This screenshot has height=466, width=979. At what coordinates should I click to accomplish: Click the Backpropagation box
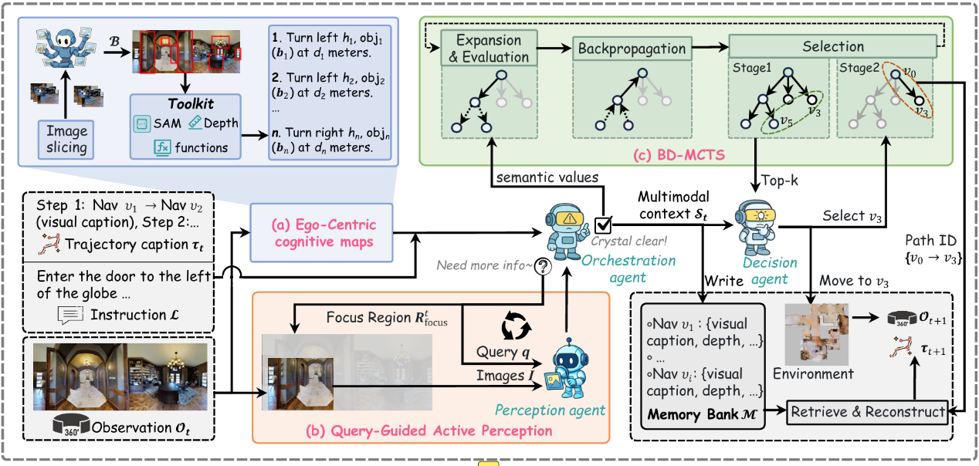632,48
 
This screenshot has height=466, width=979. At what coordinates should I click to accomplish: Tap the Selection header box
832,47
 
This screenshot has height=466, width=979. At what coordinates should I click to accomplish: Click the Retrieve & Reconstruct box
867,412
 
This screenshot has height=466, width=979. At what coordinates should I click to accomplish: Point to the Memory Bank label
699,414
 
